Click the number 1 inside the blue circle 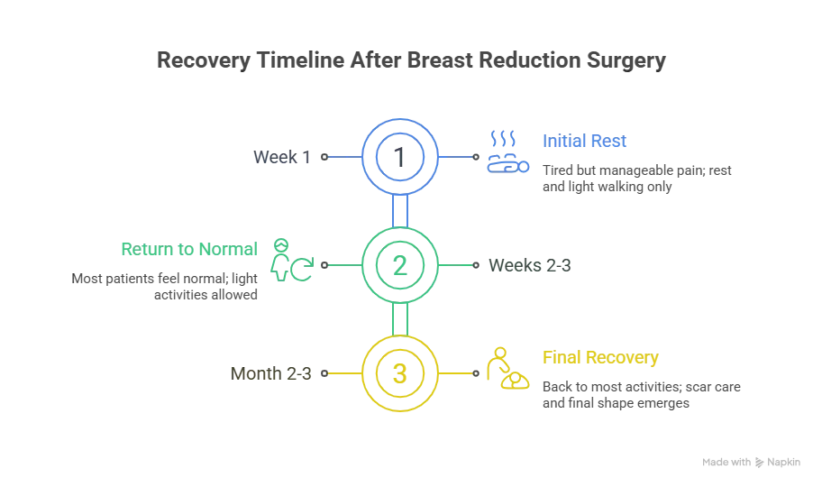[x=399, y=158]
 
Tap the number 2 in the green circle [x=399, y=265]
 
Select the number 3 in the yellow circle [x=399, y=372]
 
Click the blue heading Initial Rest [x=583, y=141]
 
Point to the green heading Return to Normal [x=187, y=248]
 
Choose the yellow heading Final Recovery [x=600, y=358]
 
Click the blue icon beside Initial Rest [x=502, y=152]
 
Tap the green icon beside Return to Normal [x=294, y=261]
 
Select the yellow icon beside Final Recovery [x=507, y=369]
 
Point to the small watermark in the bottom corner [x=749, y=461]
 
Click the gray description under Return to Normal [x=167, y=288]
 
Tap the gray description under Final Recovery [x=641, y=394]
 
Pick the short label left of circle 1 [x=281, y=159]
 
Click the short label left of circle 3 [x=269, y=372]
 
